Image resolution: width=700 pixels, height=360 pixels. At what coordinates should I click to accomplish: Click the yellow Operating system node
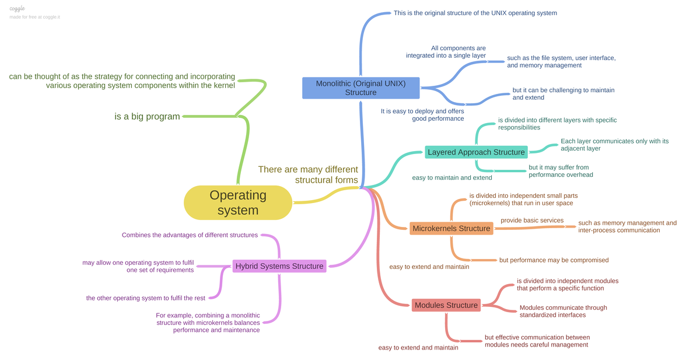coord(237,202)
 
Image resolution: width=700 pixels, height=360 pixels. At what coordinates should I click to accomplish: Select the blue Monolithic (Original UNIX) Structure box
coord(360,88)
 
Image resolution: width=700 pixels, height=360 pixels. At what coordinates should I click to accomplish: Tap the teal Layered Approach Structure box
coord(476,152)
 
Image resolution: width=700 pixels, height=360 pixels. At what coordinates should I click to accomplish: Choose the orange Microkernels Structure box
coord(451,228)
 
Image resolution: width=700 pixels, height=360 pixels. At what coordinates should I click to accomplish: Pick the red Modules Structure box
coord(446,305)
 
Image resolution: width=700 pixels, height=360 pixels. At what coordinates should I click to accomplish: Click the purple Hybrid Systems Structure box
coord(279,266)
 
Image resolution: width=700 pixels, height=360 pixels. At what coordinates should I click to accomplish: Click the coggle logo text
coord(17,9)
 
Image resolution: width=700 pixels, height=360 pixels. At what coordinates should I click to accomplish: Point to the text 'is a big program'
coord(147,117)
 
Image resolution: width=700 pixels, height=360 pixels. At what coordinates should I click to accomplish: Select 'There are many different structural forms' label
coord(308,174)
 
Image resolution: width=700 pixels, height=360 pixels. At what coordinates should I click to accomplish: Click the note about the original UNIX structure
coord(475,13)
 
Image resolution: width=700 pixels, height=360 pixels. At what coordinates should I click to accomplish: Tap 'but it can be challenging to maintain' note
coord(563,94)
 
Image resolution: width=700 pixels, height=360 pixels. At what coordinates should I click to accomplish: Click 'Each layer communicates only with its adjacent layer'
coord(614,145)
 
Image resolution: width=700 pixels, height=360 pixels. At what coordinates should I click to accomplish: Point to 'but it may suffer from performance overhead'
coord(561,171)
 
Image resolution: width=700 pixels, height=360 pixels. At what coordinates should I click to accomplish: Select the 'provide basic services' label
coord(532,221)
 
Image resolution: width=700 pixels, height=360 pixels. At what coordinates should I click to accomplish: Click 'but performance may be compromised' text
coord(553,260)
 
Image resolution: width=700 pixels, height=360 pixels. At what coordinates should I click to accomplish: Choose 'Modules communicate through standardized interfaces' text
coord(563,311)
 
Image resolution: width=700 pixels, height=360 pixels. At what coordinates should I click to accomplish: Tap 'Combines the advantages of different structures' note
coord(190,235)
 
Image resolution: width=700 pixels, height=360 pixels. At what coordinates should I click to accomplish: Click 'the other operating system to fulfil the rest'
coord(146,298)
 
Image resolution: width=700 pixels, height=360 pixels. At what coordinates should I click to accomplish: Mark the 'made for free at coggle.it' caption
coord(34,17)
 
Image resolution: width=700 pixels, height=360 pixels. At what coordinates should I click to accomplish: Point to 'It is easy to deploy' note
coord(422,114)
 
